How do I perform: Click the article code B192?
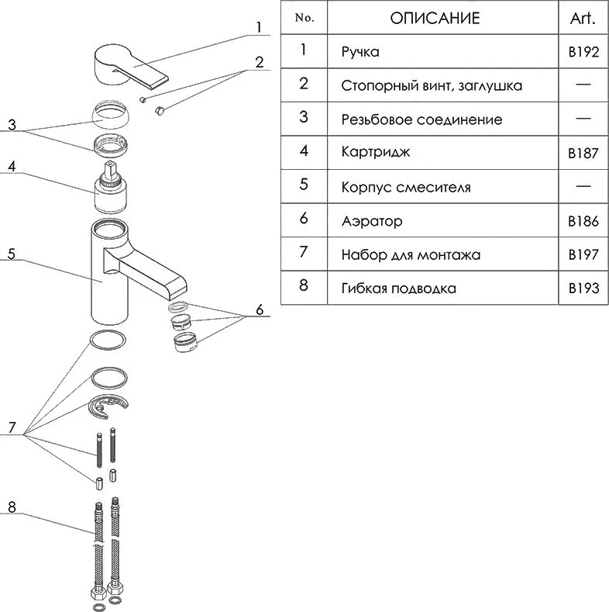(x=583, y=52)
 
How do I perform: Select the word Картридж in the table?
(x=376, y=152)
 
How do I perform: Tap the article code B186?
(x=583, y=221)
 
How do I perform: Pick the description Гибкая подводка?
(x=398, y=289)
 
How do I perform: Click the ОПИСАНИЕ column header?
(x=435, y=19)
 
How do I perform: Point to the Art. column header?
(x=583, y=19)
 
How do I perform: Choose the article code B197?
(x=583, y=255)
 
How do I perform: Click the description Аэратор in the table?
(x=372, y=221)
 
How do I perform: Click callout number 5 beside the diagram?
(x=12, y=254)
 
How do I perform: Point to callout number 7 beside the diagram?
(x=12, y=427)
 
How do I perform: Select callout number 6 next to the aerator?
(x=260, y=310)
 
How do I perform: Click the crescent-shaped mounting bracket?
(x=108, y=407)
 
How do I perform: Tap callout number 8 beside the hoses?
(x=12, y=507)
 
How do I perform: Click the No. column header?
(x=304, y=18)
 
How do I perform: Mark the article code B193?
(x=583, y=289)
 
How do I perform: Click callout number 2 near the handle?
(x=260, y=63)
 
